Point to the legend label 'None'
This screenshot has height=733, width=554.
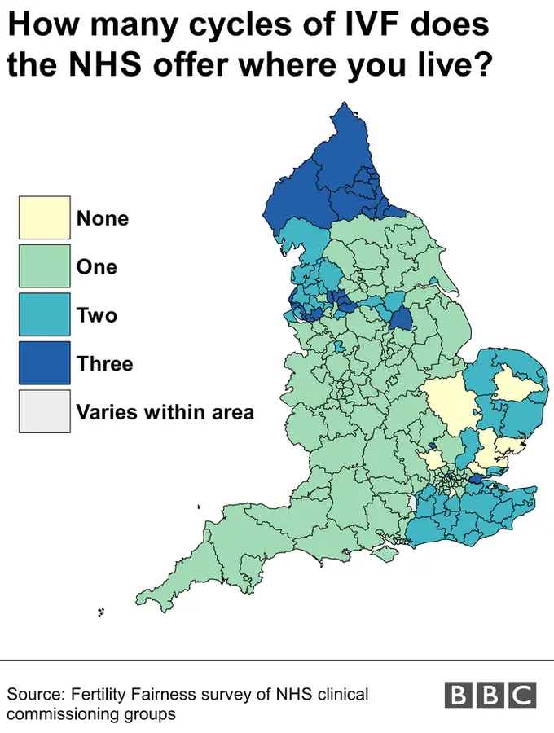[102, 218]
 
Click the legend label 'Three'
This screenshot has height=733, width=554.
[104, 363]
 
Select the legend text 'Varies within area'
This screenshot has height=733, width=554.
[165, 412]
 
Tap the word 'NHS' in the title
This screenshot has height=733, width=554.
[101, 65]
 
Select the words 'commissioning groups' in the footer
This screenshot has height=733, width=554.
[91, 714]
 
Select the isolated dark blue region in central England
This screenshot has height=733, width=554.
[400, 318]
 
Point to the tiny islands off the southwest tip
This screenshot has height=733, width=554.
[102, 612]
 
